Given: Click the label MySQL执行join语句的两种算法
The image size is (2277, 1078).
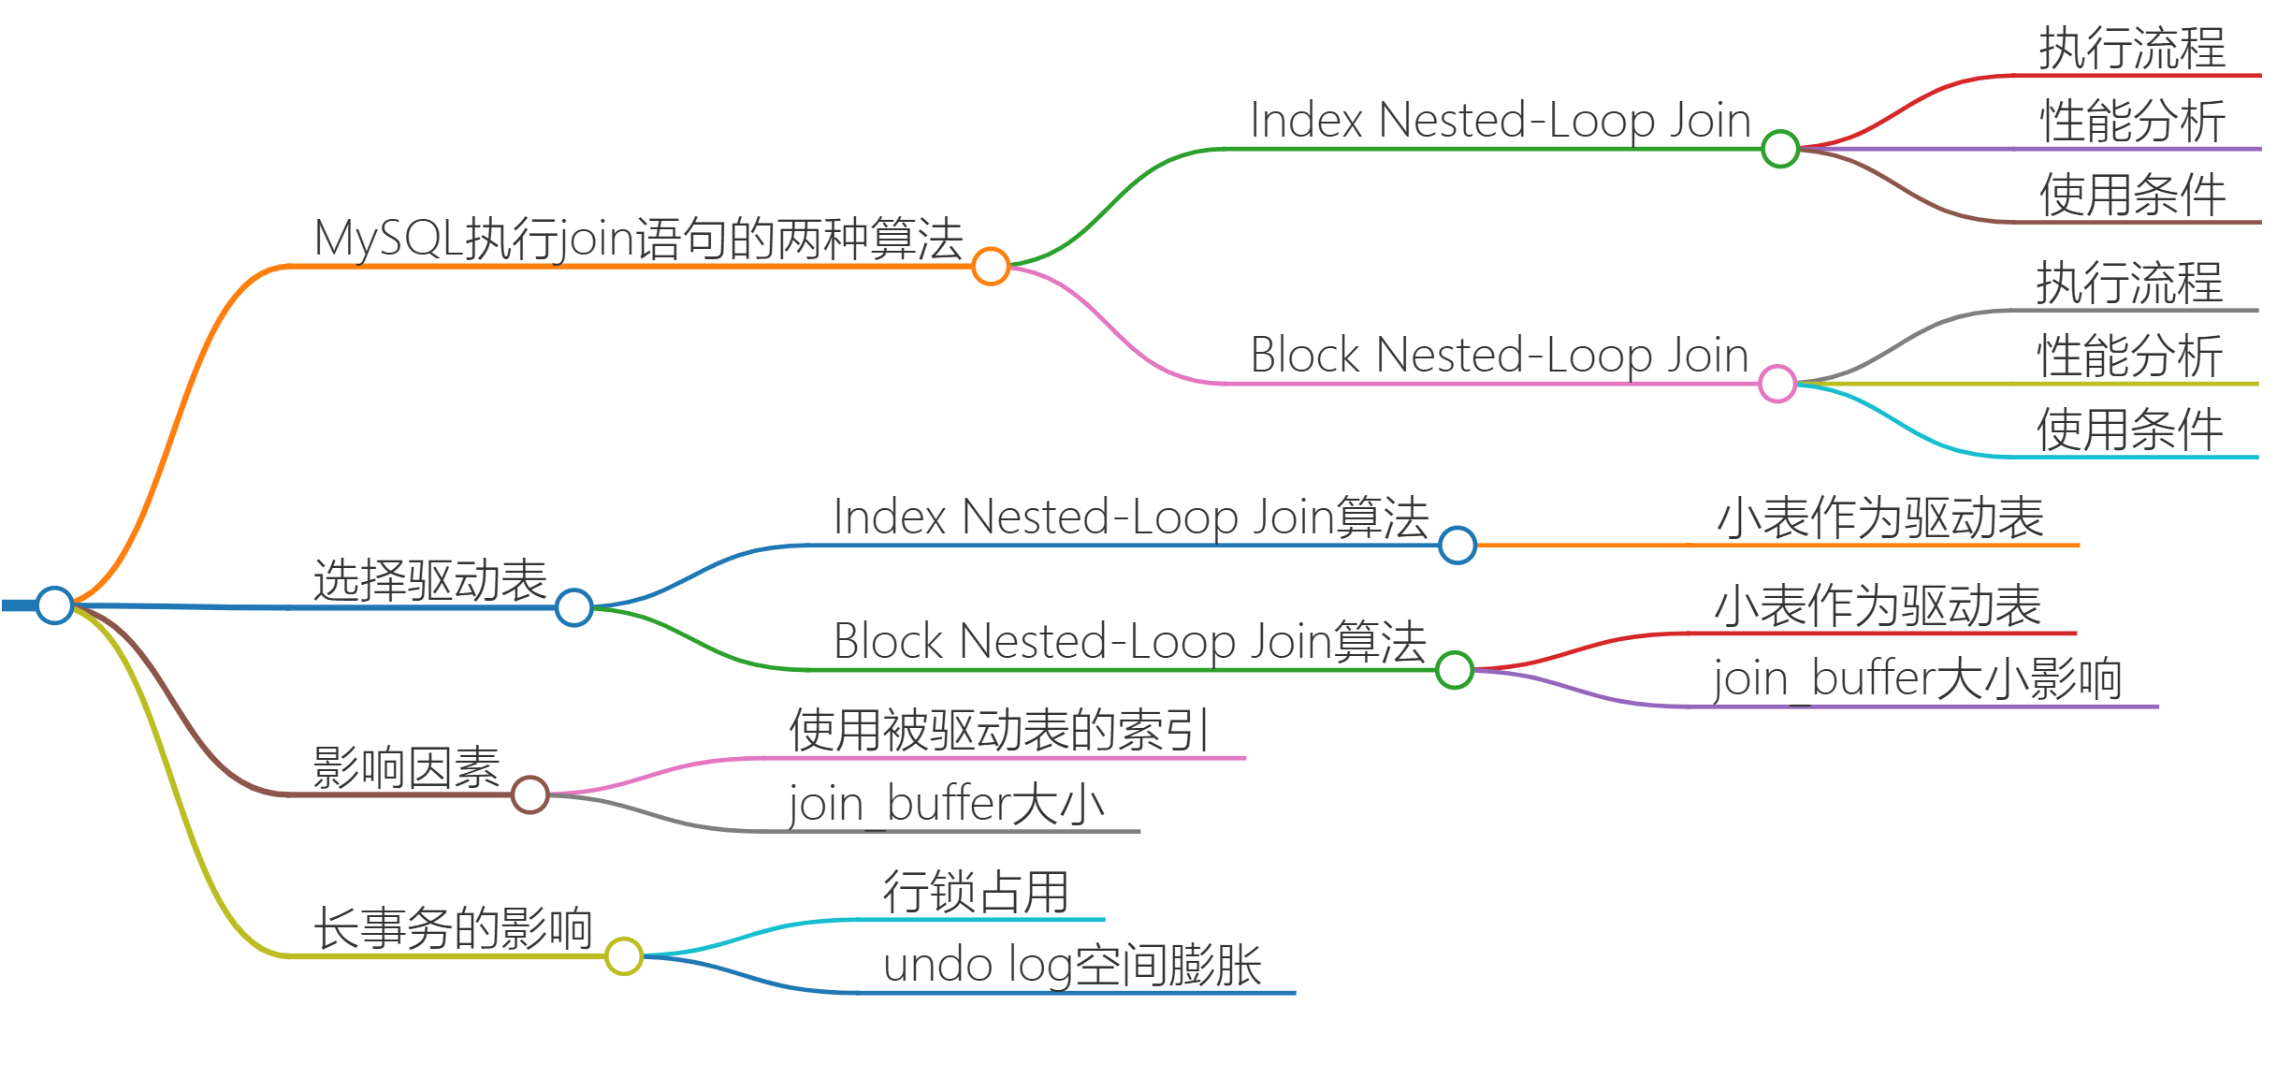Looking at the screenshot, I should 638,238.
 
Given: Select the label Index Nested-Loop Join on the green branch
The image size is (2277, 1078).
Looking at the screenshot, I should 1500,121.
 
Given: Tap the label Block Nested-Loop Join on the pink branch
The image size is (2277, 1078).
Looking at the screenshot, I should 1499,356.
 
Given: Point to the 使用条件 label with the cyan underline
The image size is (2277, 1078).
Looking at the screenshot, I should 2129,430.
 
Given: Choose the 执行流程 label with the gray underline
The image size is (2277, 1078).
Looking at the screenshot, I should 2129,283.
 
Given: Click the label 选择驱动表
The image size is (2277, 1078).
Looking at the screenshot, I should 429,580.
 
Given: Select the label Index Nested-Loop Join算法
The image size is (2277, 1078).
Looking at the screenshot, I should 1130,517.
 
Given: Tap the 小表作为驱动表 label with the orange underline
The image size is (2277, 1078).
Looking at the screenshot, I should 1880,517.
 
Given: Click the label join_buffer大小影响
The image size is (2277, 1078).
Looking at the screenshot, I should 1917,678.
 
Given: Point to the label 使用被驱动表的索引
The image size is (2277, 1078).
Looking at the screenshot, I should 999,730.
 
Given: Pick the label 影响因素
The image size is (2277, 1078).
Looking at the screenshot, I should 406,768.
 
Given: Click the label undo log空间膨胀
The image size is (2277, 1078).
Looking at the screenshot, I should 1072,965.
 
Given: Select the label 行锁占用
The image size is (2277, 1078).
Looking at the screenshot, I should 976,892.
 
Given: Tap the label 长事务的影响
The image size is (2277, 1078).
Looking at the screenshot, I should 452,929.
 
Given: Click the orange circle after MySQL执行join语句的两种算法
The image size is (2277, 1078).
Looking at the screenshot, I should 991,266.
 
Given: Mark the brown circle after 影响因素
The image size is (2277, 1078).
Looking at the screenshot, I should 530,794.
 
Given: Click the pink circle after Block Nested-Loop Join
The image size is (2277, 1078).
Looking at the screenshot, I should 1777,384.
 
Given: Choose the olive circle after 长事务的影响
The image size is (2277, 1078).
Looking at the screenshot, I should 624,956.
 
